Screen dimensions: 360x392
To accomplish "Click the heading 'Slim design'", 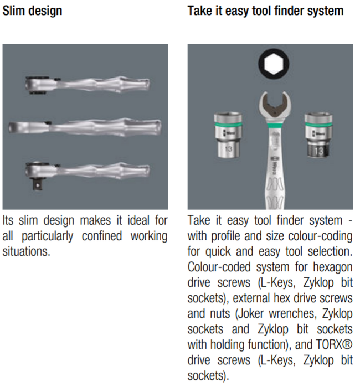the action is (x=32, y=11).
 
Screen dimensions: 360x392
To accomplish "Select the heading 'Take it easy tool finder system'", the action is (x=265, y=11).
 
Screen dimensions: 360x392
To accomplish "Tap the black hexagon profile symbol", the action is (x=274, y=64).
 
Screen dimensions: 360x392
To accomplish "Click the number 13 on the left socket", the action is (x=228, y=149).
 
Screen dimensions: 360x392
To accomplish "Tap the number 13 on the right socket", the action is (x=318, y=151).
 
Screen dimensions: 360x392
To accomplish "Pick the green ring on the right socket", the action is (x=318, y=125).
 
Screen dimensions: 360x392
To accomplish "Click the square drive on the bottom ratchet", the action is (x=38, y=184).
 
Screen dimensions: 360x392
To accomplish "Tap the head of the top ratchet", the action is (x=38, y=85).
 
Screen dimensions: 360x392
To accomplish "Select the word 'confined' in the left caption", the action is (x=102, y=236).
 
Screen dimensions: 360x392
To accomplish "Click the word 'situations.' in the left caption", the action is (x=26, y=251).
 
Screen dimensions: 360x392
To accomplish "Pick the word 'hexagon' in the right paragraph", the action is (x=333, y=267).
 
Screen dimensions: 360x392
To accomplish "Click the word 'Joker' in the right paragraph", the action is (x=251, y=313).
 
